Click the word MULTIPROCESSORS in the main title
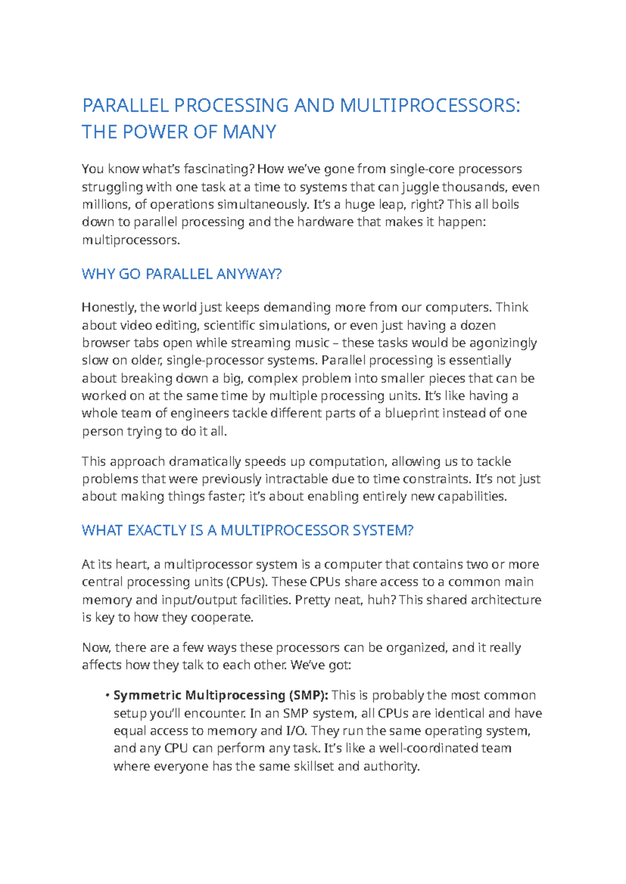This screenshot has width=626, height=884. pos(429,106)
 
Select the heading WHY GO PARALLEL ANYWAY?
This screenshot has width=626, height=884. pos(182,274)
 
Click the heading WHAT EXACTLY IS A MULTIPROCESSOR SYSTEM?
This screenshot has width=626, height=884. pos(247,531)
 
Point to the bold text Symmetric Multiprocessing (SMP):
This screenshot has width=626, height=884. pos(221,695)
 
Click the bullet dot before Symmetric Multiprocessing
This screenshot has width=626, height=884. pos(106,695)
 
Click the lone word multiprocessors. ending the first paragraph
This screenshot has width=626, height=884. pos(131,240)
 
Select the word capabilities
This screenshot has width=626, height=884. pos(472,497)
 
